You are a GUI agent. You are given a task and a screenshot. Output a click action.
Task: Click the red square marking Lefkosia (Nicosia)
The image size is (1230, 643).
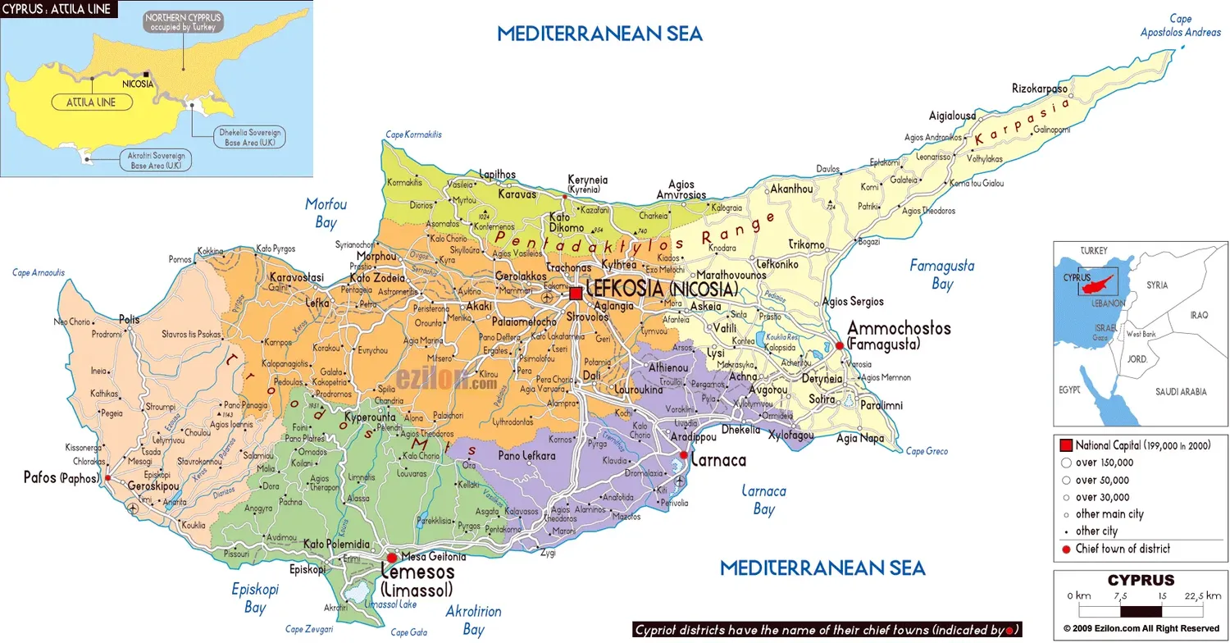[576, 293]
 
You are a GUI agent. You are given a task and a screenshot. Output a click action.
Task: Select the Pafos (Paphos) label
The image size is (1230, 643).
[61, 477]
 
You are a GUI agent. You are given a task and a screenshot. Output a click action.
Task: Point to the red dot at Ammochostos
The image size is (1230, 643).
[840, 346]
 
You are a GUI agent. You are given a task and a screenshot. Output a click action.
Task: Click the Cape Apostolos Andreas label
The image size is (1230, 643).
[1180, 25]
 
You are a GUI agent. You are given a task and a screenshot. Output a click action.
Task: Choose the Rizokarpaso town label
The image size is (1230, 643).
[1040, 89]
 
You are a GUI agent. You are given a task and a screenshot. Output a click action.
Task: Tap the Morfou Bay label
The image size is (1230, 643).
[326, 212]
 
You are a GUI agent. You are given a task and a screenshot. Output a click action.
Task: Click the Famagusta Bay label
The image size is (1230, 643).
[942, 275]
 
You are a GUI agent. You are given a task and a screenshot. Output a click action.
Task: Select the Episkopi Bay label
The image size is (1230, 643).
[255, 598]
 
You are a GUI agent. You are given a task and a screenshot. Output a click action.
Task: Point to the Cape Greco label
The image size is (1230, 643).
[927, 451]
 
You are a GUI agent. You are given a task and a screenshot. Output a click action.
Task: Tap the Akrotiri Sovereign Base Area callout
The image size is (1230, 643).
[157, 161]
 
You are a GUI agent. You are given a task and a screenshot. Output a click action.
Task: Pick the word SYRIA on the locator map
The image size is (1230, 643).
[1157, 285]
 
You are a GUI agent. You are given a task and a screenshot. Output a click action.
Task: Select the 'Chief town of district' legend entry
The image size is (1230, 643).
[1123, 549]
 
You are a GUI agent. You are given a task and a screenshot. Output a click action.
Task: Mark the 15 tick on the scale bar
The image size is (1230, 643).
[1162, 596]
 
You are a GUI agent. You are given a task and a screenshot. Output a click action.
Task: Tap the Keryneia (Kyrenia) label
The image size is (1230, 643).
[584, 184]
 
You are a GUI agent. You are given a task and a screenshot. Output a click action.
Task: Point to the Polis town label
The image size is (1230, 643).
[129, 319]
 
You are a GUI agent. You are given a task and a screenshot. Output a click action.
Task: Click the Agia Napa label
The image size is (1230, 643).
[859, 438]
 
